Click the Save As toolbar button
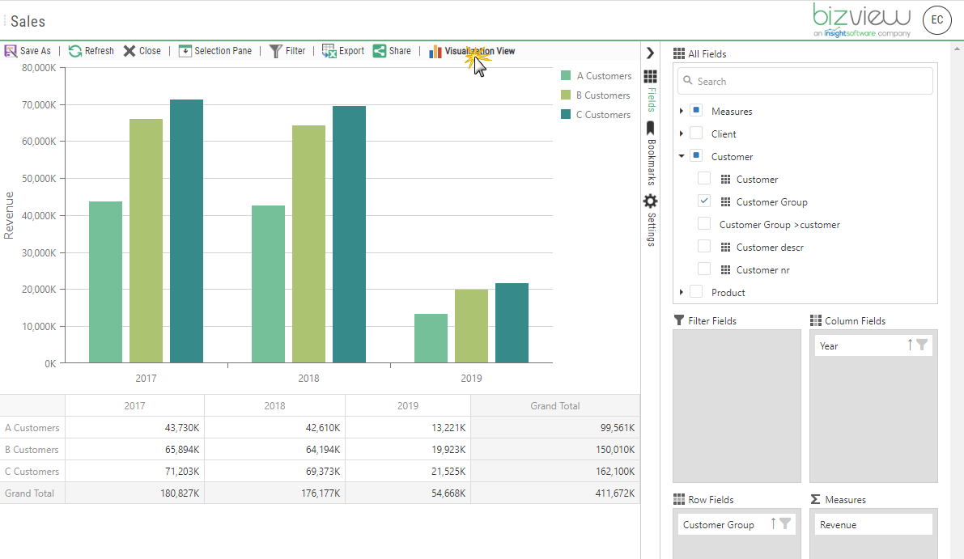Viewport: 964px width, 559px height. pos(28,51)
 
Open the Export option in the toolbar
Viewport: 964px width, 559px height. pos(343,51)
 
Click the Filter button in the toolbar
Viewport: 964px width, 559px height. pos(287,51)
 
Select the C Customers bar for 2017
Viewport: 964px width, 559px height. pos(186,231)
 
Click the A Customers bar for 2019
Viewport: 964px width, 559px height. pos(431,338)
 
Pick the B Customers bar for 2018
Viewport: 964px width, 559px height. pos(308,244)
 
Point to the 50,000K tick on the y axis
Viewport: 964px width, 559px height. pos(39,179)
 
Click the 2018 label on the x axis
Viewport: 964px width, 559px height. pos(308,378)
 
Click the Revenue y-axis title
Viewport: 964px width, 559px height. pos(10,215)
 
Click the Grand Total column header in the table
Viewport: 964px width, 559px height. pos(554,406)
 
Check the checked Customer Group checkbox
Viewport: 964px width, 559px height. pos(704,201)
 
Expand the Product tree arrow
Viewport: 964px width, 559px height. pos(682,292)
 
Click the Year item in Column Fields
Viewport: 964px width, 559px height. pos(858,345)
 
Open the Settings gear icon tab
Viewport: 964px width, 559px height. pos(650,201)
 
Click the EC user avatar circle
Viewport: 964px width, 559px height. pos(937,20)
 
